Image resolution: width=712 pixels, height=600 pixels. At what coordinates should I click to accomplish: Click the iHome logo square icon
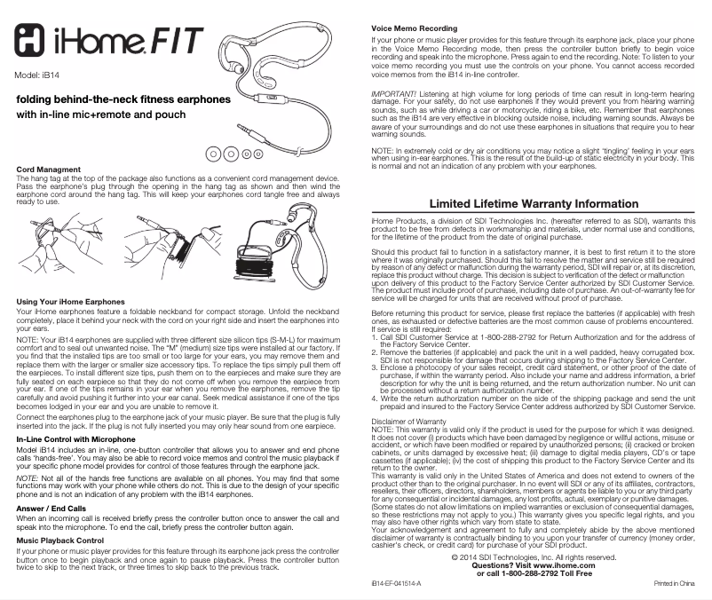point(35,41)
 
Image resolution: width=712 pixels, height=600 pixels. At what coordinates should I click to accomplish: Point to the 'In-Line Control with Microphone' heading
point(76,438)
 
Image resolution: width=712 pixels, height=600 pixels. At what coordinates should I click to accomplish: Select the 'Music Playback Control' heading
point(67,540)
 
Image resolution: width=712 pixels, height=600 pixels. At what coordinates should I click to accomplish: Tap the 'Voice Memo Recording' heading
point(414,29)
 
